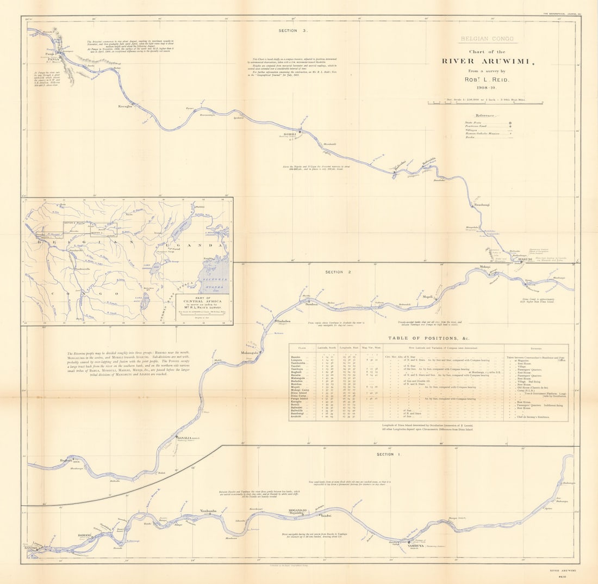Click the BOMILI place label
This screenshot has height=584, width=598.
[x=289, y=133]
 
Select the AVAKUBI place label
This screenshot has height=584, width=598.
[x=525, y=259]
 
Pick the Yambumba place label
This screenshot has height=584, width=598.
[x=209, y=511]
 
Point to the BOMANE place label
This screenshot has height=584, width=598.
[x=85, y=536]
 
